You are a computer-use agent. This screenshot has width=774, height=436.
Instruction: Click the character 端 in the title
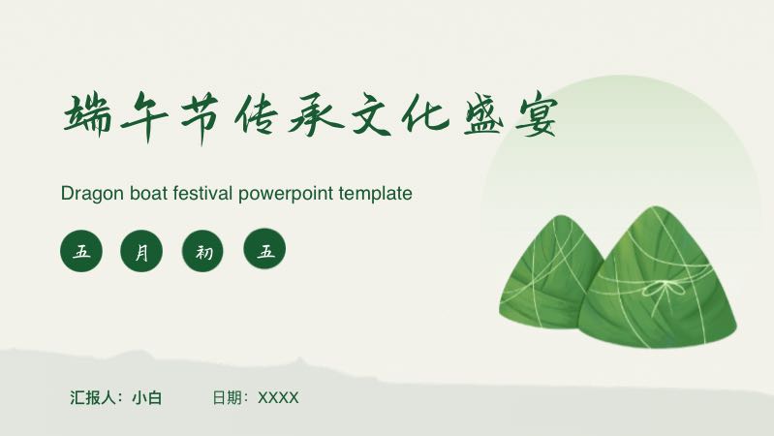pos(88,115)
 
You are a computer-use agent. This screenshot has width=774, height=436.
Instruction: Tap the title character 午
pos(144,117)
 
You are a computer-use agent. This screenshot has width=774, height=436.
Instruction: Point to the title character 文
pos(371,114)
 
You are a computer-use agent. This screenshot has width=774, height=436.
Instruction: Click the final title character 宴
pos(536,115)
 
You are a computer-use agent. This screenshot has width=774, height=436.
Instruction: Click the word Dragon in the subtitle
pos(92,194)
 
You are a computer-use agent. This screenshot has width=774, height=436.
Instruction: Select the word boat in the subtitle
pos(149,193)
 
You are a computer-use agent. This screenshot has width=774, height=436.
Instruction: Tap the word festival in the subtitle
pos(202,193)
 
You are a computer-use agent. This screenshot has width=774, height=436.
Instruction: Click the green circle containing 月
pos(141,251)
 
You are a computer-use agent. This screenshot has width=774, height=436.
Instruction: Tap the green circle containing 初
pos(202,251)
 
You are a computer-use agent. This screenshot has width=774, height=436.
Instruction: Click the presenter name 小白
pos(146,397)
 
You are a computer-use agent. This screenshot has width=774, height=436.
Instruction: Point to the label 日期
pos(227,397)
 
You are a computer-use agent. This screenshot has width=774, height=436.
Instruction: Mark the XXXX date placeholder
pos(278,398)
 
